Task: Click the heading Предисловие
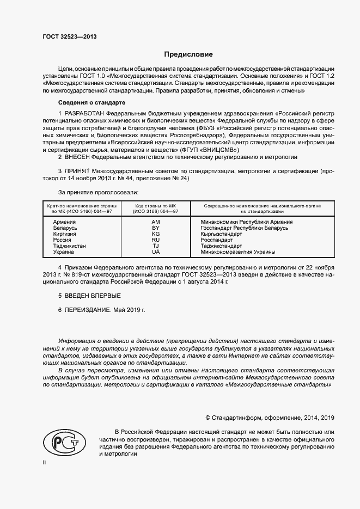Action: [x=188, y=54]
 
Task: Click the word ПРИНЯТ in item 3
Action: [x=79, y=171]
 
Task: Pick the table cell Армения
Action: [x=64, y=222]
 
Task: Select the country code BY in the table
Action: [x=156, y=228]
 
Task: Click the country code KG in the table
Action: [x=156, y=234]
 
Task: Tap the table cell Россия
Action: [x=62, y=240]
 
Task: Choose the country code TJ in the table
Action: [x=156, y=246]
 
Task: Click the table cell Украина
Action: [x=64, y=252]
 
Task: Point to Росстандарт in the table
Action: [x=216, y=240]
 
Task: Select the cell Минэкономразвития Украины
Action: [x=237, y=252]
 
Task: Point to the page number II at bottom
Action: [x=45, y=463]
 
